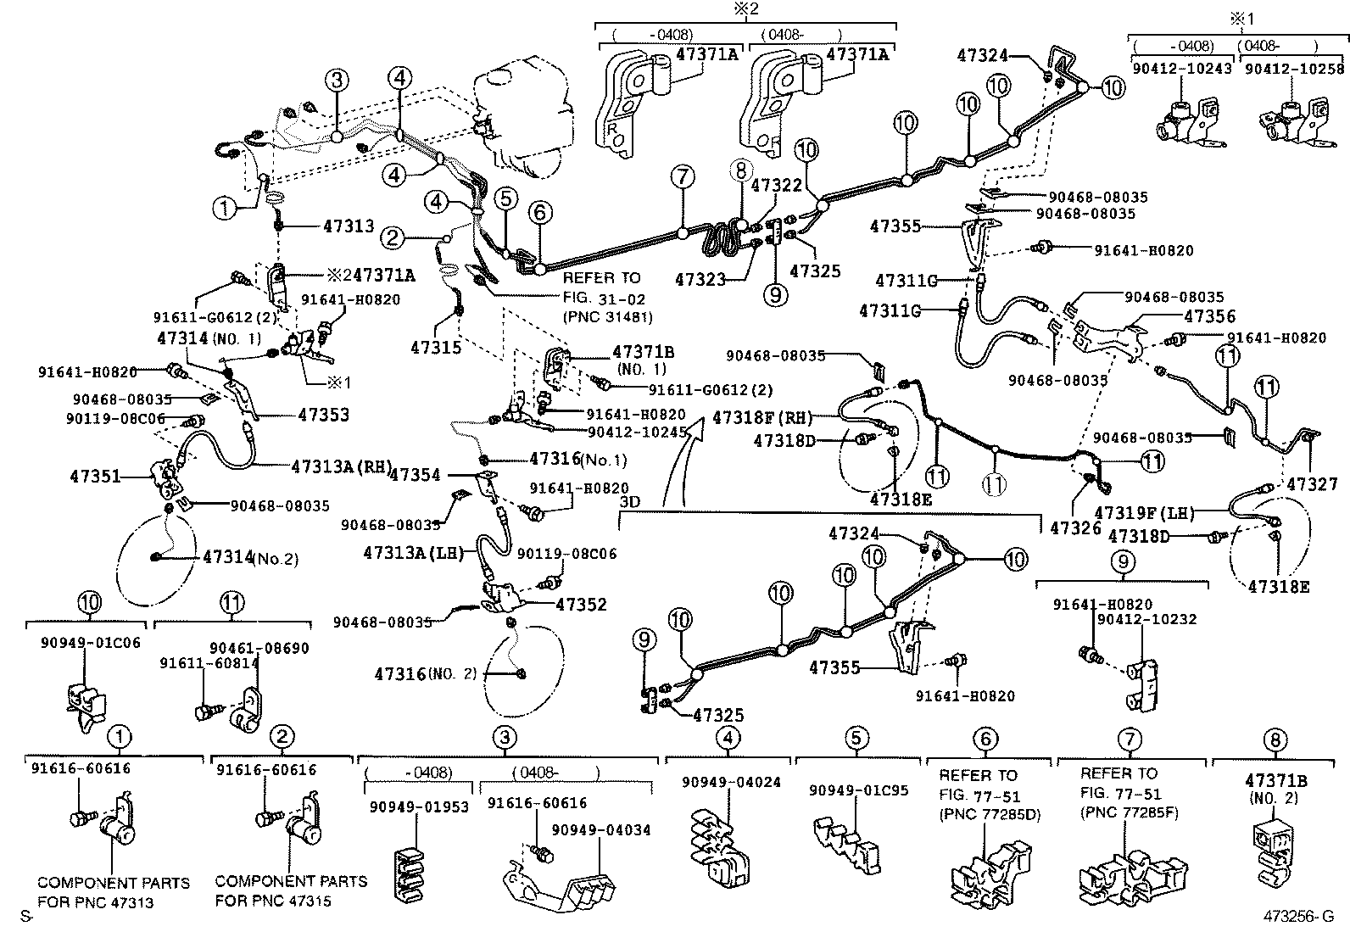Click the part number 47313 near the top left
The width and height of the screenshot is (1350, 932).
coord(349,226)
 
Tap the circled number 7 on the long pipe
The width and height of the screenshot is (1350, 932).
coord(682,177)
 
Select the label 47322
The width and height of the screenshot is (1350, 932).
coord(776,185)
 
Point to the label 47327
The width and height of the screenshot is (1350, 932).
coord(1312,484)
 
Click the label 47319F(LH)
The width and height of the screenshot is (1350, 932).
coord(1144,512)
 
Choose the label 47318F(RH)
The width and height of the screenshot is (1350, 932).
coord(762,417)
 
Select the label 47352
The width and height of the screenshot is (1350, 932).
coord(581,605)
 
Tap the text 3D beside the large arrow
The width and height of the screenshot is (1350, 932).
coord(630,501)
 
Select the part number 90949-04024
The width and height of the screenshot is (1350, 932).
coord(731,782)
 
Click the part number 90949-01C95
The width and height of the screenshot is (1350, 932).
coord(858,790)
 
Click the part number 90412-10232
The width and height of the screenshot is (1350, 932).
coord(1146,619)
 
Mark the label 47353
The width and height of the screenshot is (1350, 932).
coord(324,415)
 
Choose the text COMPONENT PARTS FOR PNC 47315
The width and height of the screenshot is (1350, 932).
coord(291,890)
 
